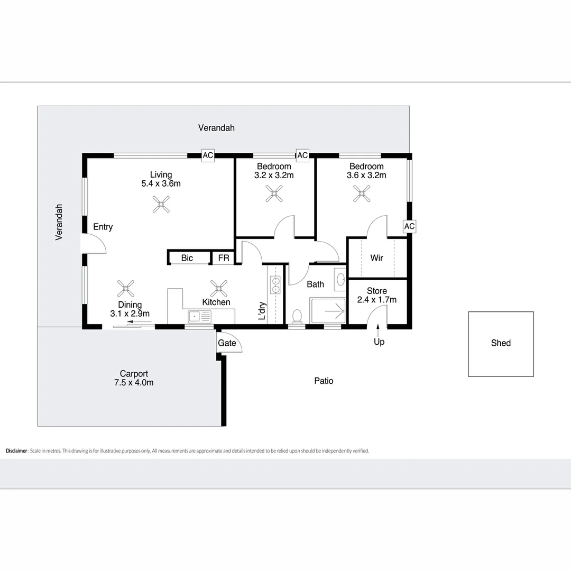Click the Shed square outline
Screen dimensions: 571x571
point(501,344)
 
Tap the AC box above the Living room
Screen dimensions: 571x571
point(208,155)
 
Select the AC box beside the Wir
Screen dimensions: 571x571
point(409,226)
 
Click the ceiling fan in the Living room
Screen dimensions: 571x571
point(161,205)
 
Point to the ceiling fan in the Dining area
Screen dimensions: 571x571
point(126,288)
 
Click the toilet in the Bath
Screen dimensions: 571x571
point(297,316)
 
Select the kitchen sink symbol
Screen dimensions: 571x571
point(199,316)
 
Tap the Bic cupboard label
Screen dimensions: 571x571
point(187,258)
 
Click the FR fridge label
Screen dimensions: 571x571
point(224,258)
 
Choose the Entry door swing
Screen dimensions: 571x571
point(94,245)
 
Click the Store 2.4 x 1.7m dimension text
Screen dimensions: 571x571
point(377,300)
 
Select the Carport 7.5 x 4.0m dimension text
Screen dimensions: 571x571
point(134,383)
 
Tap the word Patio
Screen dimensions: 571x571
point(324,381)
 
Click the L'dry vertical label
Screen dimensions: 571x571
point(262,311)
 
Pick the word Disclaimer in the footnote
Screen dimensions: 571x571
point(16,451)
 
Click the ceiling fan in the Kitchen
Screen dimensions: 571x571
point(219,288)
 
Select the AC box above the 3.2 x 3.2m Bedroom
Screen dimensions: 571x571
point(302,155)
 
